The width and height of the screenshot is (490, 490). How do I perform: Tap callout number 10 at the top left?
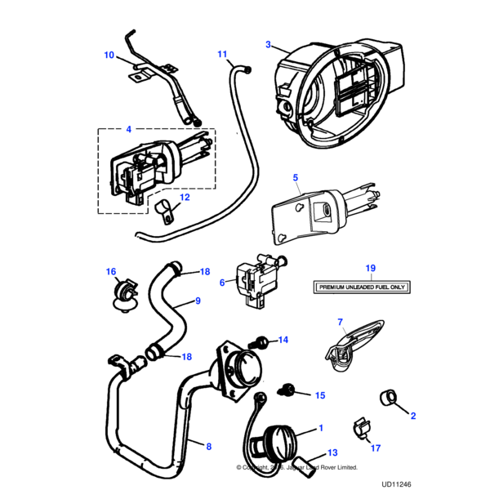[x=109, y=56]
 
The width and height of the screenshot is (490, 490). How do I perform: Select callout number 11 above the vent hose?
[x=222, y=55]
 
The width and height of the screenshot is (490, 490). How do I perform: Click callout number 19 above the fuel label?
[x=369, y=268]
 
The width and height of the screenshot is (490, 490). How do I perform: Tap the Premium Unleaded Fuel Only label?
[x=362, y=287]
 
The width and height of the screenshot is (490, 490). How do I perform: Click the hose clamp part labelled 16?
[x=122, y=292]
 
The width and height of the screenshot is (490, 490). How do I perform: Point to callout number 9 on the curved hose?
[x=197, y=301]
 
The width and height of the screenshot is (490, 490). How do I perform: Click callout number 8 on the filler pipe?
[x=208, y=447]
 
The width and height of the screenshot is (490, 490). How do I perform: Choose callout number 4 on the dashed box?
[x=127, y=128]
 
